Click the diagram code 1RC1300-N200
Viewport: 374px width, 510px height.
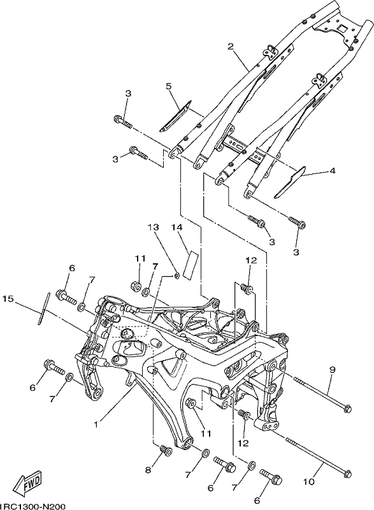32,506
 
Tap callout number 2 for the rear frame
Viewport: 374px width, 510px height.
231,47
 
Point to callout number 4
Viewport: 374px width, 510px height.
332,170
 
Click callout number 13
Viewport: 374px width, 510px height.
154,228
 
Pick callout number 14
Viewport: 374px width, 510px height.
178,228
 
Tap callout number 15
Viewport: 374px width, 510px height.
9,298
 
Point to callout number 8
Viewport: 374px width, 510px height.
148,470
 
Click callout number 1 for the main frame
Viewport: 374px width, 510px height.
96,424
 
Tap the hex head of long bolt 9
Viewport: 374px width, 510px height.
347,407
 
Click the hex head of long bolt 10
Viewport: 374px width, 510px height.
347,463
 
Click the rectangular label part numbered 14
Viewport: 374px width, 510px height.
190,265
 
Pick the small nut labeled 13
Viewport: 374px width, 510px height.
177,276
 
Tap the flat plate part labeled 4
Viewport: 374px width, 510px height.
290,182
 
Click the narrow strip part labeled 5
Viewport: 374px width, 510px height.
175,116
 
